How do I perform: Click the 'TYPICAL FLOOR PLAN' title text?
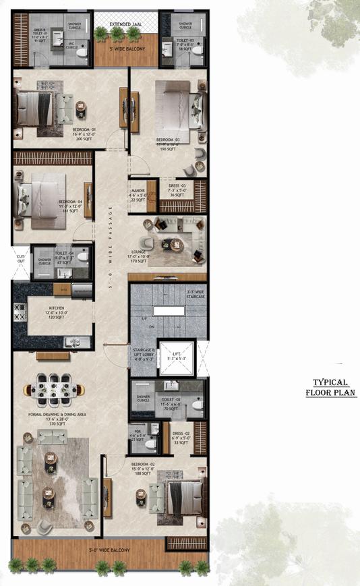pos(330,386)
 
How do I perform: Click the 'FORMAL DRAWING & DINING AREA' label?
pos(54,415)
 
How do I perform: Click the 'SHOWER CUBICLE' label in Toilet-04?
pos(44,262)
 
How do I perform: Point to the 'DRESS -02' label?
pos(179,434)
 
